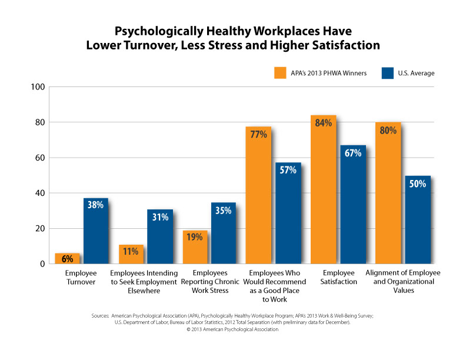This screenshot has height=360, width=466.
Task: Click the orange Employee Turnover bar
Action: click(x=66, y=259)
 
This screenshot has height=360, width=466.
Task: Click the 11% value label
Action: click(x=131, y=252)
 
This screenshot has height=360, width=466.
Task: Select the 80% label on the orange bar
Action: click(x=388, y=130)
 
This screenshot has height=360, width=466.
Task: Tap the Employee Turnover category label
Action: click(x=81, y=278)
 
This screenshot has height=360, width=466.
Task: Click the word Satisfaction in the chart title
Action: click(x=342, y=45)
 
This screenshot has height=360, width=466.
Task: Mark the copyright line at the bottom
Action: click(x=232, y=329)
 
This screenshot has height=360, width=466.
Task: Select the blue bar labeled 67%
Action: click(x=352, y=212)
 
